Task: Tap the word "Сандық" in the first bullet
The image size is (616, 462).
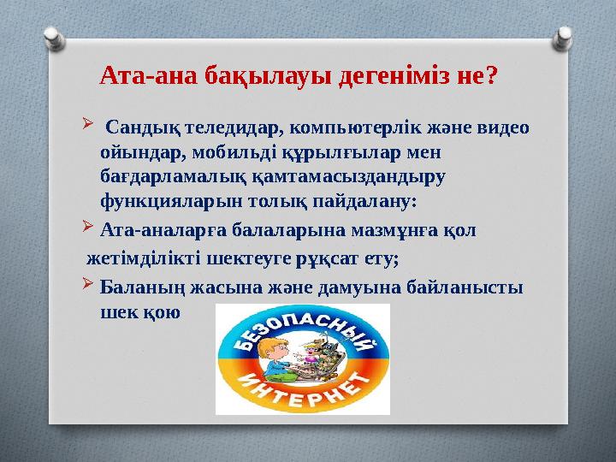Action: point(143,129)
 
